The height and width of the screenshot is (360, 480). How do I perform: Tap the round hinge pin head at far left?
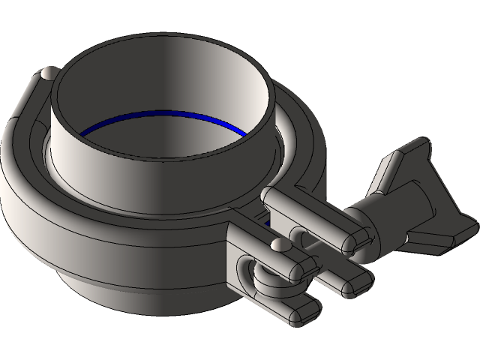click(x=47, y=73)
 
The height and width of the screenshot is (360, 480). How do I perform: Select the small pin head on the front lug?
click(x=279, y=245)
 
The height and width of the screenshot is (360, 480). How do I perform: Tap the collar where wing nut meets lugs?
click(x=367, y=217)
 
